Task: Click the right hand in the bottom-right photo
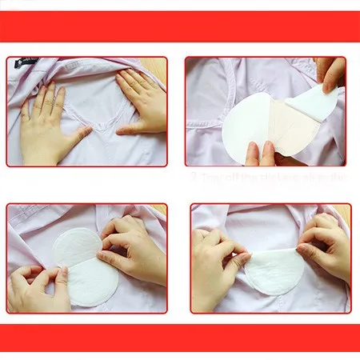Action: [324, 244]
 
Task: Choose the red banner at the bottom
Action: [180, 338]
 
